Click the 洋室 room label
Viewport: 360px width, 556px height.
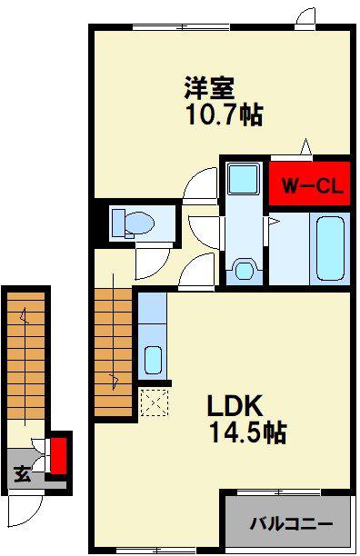coord(209,87)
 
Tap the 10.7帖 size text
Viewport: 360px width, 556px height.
coord(225,114)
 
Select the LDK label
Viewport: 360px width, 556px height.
coord(235,406)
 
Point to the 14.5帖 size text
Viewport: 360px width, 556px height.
coord(248,432)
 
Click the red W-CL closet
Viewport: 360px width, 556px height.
coord(309,184)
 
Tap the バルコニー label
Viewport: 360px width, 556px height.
coord(292,523)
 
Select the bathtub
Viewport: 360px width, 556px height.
coord(331,248)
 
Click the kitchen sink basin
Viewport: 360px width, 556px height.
coord(154,360)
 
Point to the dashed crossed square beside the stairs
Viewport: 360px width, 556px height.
coord(155,402)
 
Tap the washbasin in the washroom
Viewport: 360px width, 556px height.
coord(244,271)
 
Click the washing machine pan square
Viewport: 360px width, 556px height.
coord(244,178)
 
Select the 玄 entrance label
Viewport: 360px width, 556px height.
coord(23,474)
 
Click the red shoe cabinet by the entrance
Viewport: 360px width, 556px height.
coord(59,456)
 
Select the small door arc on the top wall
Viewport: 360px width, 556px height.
coord(305,15)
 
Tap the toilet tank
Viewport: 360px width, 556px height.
coord(118,223)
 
